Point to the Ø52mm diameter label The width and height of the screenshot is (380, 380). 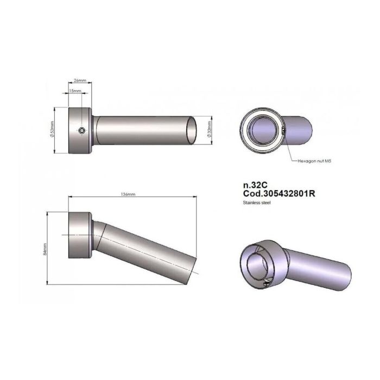pyautogui.click(x=52, y=130)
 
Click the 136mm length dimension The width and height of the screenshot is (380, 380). pyautogui.click(x=129, y=194)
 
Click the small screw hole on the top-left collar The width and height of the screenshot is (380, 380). pyautogui.click(x=80, y=130)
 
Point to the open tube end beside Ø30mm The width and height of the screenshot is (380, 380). pyautogui.click(x=193, y=130)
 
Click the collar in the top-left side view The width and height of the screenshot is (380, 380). pyautogui.click(x=79, y=130)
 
